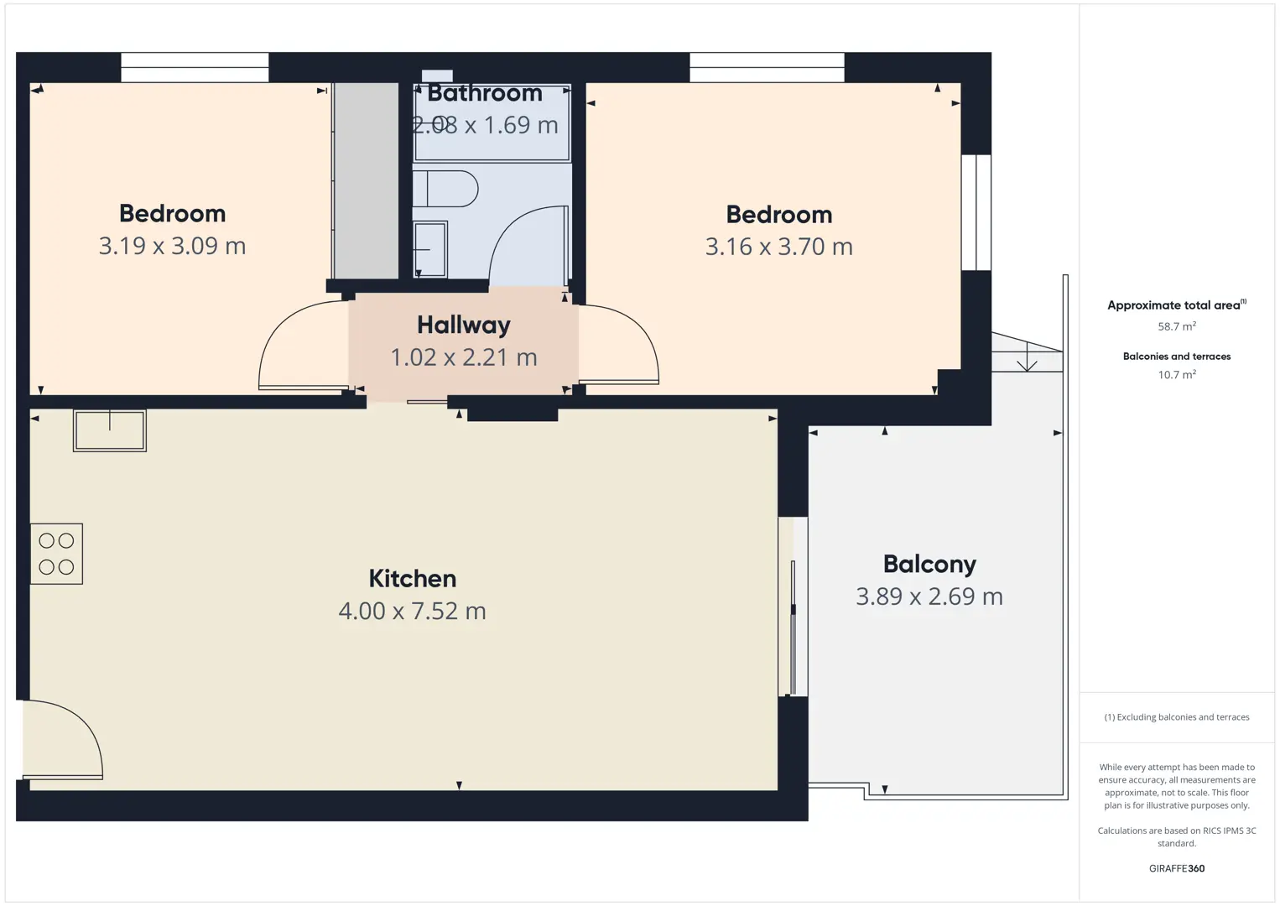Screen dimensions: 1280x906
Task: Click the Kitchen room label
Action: coord(412,579)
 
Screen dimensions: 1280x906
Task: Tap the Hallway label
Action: coord(463,325)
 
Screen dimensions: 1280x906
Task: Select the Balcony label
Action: coord(929,565)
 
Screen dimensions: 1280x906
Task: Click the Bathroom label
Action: coord(485,93)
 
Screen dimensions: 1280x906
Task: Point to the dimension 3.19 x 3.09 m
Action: coord(172,246)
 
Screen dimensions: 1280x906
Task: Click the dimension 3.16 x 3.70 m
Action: coord(779,247)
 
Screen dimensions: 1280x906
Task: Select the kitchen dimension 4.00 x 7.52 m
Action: coord(412,611)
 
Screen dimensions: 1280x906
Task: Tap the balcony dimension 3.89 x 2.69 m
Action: coord(929,596)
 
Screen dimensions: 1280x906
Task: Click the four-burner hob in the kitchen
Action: coord(56,554)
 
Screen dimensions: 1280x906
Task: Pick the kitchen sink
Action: coord(110,430)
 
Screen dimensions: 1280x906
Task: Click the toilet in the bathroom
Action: coord(445,189)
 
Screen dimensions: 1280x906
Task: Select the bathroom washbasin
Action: coord(429,249)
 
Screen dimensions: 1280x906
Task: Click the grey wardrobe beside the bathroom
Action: coord(366,180)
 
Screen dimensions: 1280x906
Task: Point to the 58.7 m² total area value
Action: coord(1177,326)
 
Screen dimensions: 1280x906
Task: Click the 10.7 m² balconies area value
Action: coord(1177,374)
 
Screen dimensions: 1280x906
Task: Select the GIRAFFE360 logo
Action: coord(1177,868)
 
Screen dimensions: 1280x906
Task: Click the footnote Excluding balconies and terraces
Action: coord(1177,716)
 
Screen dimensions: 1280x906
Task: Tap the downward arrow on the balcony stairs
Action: coord(1027,357)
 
